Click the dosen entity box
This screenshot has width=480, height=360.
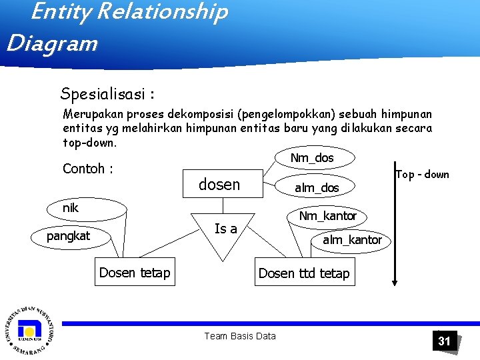(220, 185)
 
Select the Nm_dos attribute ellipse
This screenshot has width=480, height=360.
(312, 159)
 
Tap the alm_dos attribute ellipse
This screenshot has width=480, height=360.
(317, 188)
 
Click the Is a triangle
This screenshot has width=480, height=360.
(225, 233)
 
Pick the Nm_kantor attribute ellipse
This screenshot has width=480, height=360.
(327, 216)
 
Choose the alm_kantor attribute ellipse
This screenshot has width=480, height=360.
(352, 240)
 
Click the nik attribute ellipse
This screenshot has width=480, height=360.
(71, 208)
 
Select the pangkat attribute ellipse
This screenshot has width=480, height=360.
(68, 236)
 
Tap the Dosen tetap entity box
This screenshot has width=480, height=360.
(135, 272)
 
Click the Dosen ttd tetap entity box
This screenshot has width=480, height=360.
(304, 273)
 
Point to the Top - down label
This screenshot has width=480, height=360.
(422, 175)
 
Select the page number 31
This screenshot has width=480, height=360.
(444, 341)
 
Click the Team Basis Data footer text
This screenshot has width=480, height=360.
(240, 336)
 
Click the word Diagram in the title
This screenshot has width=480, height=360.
(52, 44)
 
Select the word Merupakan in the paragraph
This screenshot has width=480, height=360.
(91, 114)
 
